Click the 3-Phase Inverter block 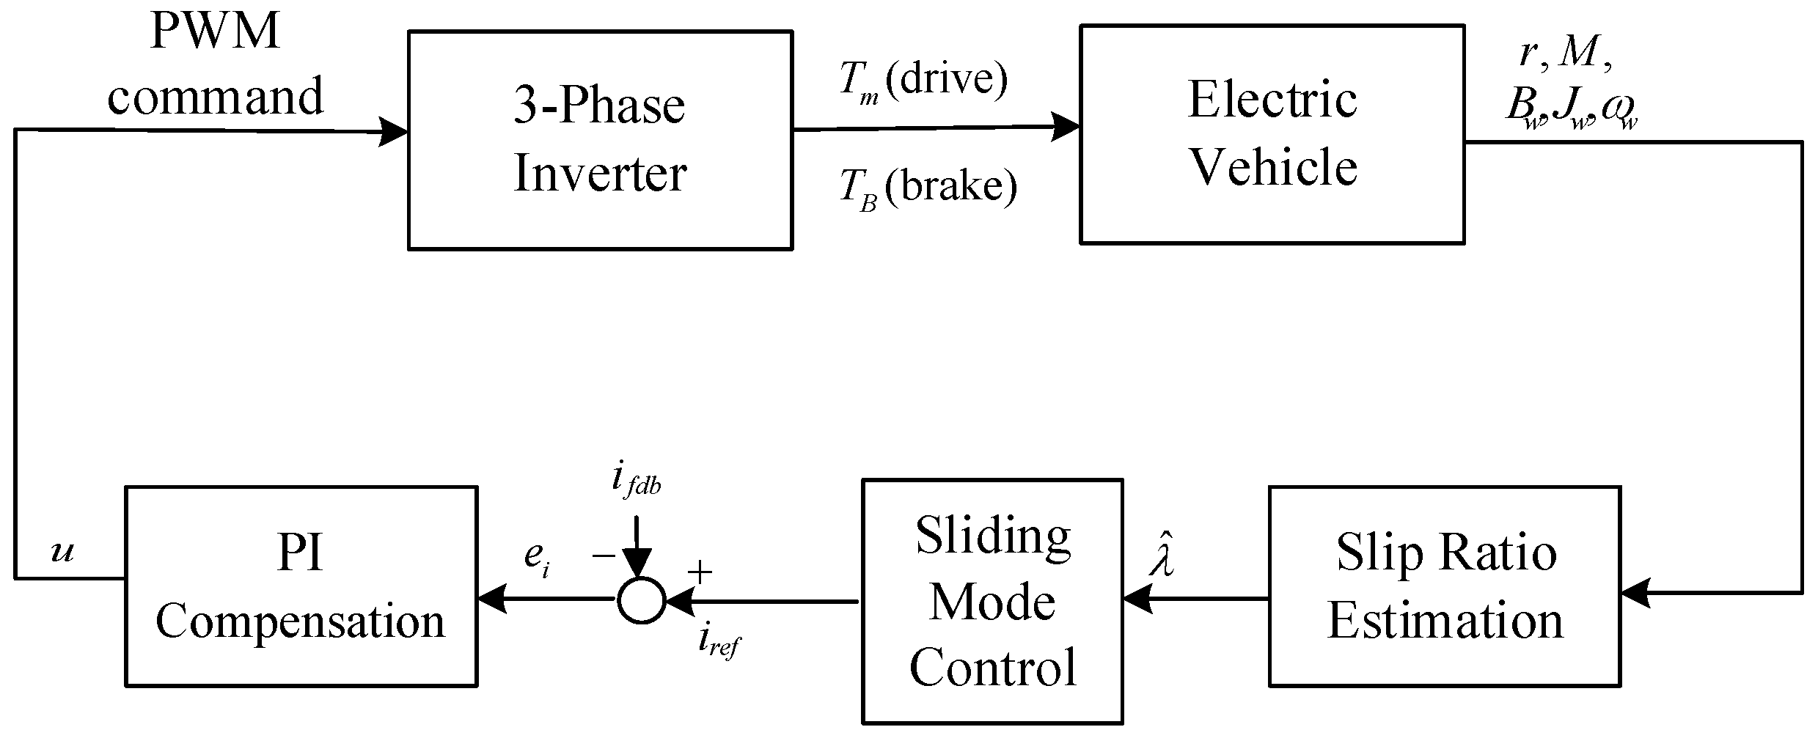tap(600, 139)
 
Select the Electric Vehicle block tap(1272, 134)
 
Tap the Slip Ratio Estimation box tap(1444, 586)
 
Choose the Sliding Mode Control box tap(992, 601)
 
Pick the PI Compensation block tap(301, 586)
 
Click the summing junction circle tap(641, 601)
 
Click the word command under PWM tap(215, 96)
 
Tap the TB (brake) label tap(927, 189)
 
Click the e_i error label tap(536, 558)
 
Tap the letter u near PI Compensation tap(62, 552)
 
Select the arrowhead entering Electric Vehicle tap(1065, 128)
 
